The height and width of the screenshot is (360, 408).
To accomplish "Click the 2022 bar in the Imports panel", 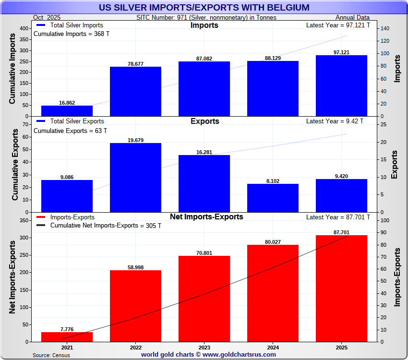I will [x=135, y=91].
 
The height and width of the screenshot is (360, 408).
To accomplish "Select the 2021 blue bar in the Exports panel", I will [x=67, y=196].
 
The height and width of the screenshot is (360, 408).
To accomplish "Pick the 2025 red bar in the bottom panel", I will [x=341, y=288].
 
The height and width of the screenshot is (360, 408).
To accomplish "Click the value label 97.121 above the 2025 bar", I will [x=341, y=52].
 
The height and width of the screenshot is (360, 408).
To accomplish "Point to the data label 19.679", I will [x=135, y=140].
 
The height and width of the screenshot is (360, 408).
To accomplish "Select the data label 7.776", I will [x=67, y=329].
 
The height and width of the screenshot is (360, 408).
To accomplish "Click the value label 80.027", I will [x=273, y=242].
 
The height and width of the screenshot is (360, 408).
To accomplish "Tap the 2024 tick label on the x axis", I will [x=273, y=347].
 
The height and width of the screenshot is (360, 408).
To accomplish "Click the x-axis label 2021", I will [x=67, y=347].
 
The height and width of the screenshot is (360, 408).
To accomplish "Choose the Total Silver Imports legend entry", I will [x=70, y=25].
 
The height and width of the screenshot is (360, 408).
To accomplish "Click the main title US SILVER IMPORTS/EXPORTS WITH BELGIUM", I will [x=204, y=7].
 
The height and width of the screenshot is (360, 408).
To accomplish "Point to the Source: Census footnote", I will [x=51, y=355].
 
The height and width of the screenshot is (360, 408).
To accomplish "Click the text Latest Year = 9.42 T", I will [x=335, y=121].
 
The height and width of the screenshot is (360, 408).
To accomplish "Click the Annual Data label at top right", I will [x=352, y=18].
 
